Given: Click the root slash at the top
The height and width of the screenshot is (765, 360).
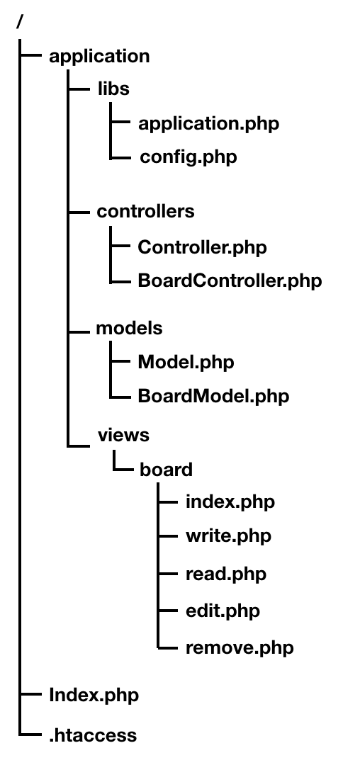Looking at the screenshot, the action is pos(20,21).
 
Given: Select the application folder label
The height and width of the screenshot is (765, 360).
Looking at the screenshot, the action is pos(99,57).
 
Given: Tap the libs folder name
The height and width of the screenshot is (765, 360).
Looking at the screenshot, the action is pos(113,89).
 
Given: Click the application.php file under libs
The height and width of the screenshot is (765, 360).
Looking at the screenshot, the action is pos(209,123).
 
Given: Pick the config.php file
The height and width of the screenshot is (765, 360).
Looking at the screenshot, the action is pos(189,157).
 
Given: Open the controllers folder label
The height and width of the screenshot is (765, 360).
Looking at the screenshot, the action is pos(145,211).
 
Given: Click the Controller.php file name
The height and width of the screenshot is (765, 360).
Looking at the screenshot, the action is pos(202,247).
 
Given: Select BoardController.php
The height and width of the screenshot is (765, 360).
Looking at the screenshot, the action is pos(230,281).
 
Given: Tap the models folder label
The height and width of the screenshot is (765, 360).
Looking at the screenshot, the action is pos(129,329).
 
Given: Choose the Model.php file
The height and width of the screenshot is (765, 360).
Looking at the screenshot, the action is pos(186,363).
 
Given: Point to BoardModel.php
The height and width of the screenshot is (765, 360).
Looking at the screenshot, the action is pos(213,396).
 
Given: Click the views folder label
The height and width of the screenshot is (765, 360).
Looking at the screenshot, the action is pos(123,435).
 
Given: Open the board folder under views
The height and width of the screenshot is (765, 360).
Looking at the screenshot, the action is pos(166,470).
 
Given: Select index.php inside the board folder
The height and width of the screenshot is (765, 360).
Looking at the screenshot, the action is pos(230,502).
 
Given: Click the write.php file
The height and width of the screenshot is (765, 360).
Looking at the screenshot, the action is pos(228,536).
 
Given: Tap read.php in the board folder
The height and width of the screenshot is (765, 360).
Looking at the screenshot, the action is pos(226,574).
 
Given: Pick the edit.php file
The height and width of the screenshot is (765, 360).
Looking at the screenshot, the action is pos(223,611).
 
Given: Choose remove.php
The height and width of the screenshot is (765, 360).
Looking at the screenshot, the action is pos(240,648).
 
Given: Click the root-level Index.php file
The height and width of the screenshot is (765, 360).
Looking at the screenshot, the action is pos(94,696).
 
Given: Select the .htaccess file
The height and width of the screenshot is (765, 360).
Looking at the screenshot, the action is pos(93,735).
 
